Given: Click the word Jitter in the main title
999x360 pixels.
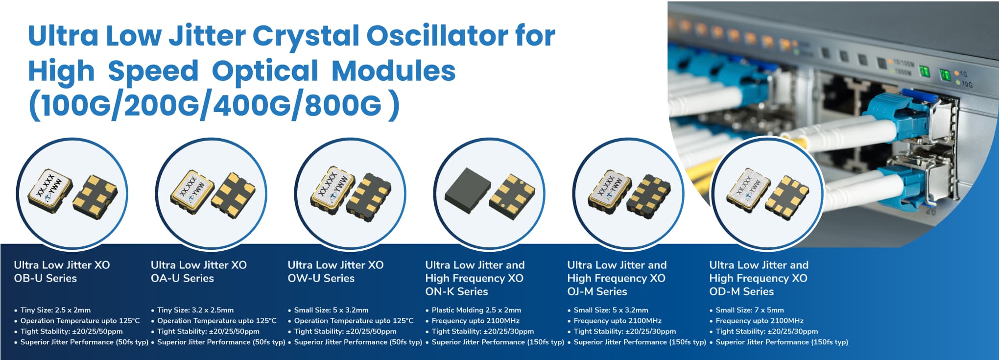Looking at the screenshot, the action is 207,36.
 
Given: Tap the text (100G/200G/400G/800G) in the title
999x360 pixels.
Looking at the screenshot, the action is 214,105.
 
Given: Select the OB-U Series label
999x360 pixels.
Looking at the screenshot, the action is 46,278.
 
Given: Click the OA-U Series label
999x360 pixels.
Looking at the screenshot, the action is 182,278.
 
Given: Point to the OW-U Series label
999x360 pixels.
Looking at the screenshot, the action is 321,278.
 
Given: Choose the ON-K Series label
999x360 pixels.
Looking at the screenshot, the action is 456,291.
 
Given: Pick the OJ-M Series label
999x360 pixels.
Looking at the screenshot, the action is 597,291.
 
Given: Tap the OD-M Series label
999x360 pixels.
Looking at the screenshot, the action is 741,291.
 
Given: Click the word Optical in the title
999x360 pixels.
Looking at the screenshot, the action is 265,71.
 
